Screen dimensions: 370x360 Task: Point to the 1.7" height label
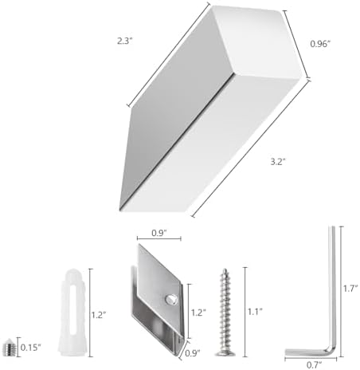[x=350, y=288]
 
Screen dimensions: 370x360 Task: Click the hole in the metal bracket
[x=168, y=298]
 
